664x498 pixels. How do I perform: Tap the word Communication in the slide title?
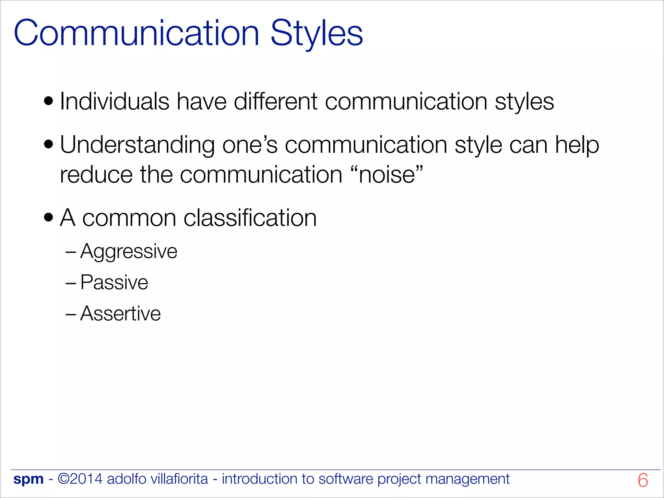[136, 33]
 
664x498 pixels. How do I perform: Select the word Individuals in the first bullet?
[114, 101]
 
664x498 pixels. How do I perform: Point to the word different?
[276, 101]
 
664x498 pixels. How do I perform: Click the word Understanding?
[137, 145]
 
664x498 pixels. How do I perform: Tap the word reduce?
[96, 175]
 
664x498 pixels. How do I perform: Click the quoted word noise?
[387, 175]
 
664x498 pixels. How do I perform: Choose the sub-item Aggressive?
[129, 251]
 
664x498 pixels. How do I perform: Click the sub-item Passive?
[114, 282]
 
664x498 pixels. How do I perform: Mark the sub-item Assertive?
[120, 314]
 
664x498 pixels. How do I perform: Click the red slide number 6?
[643, 480]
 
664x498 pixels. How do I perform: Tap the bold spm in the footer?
[29, 479]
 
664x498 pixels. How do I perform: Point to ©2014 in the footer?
[80, 479]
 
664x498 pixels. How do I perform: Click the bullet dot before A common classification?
[48, 218]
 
